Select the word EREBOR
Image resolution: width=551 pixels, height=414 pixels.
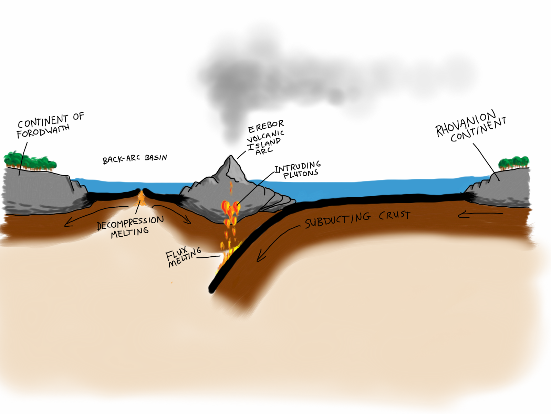(266, 126)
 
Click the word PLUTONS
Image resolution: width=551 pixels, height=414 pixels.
(301, 174)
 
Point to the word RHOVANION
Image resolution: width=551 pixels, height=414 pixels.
(466, 124)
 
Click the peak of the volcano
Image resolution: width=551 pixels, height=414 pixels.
(231, 156)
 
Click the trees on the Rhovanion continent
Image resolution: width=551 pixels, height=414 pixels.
(513, 162)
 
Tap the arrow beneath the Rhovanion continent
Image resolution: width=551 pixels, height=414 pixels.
(480, 214)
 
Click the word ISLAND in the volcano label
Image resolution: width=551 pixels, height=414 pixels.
(263, 144)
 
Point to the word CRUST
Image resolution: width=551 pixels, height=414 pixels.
(394, 215)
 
